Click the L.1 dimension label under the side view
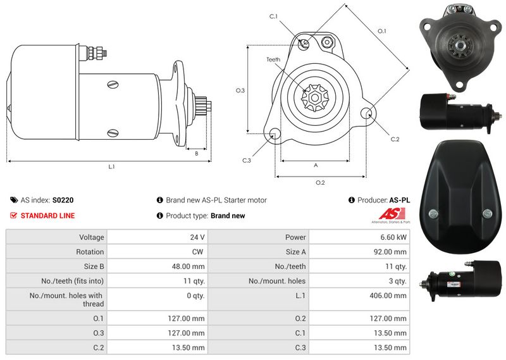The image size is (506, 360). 111,166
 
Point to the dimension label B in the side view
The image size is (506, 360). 197,154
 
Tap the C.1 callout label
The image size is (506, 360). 273,16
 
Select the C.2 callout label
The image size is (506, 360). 395,139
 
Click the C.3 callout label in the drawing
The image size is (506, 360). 247,160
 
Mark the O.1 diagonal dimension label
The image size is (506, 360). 382,31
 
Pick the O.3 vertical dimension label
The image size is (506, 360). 240,90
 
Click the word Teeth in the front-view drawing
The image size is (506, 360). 273,59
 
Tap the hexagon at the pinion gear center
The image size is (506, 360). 314,97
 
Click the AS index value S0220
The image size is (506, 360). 63,200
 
